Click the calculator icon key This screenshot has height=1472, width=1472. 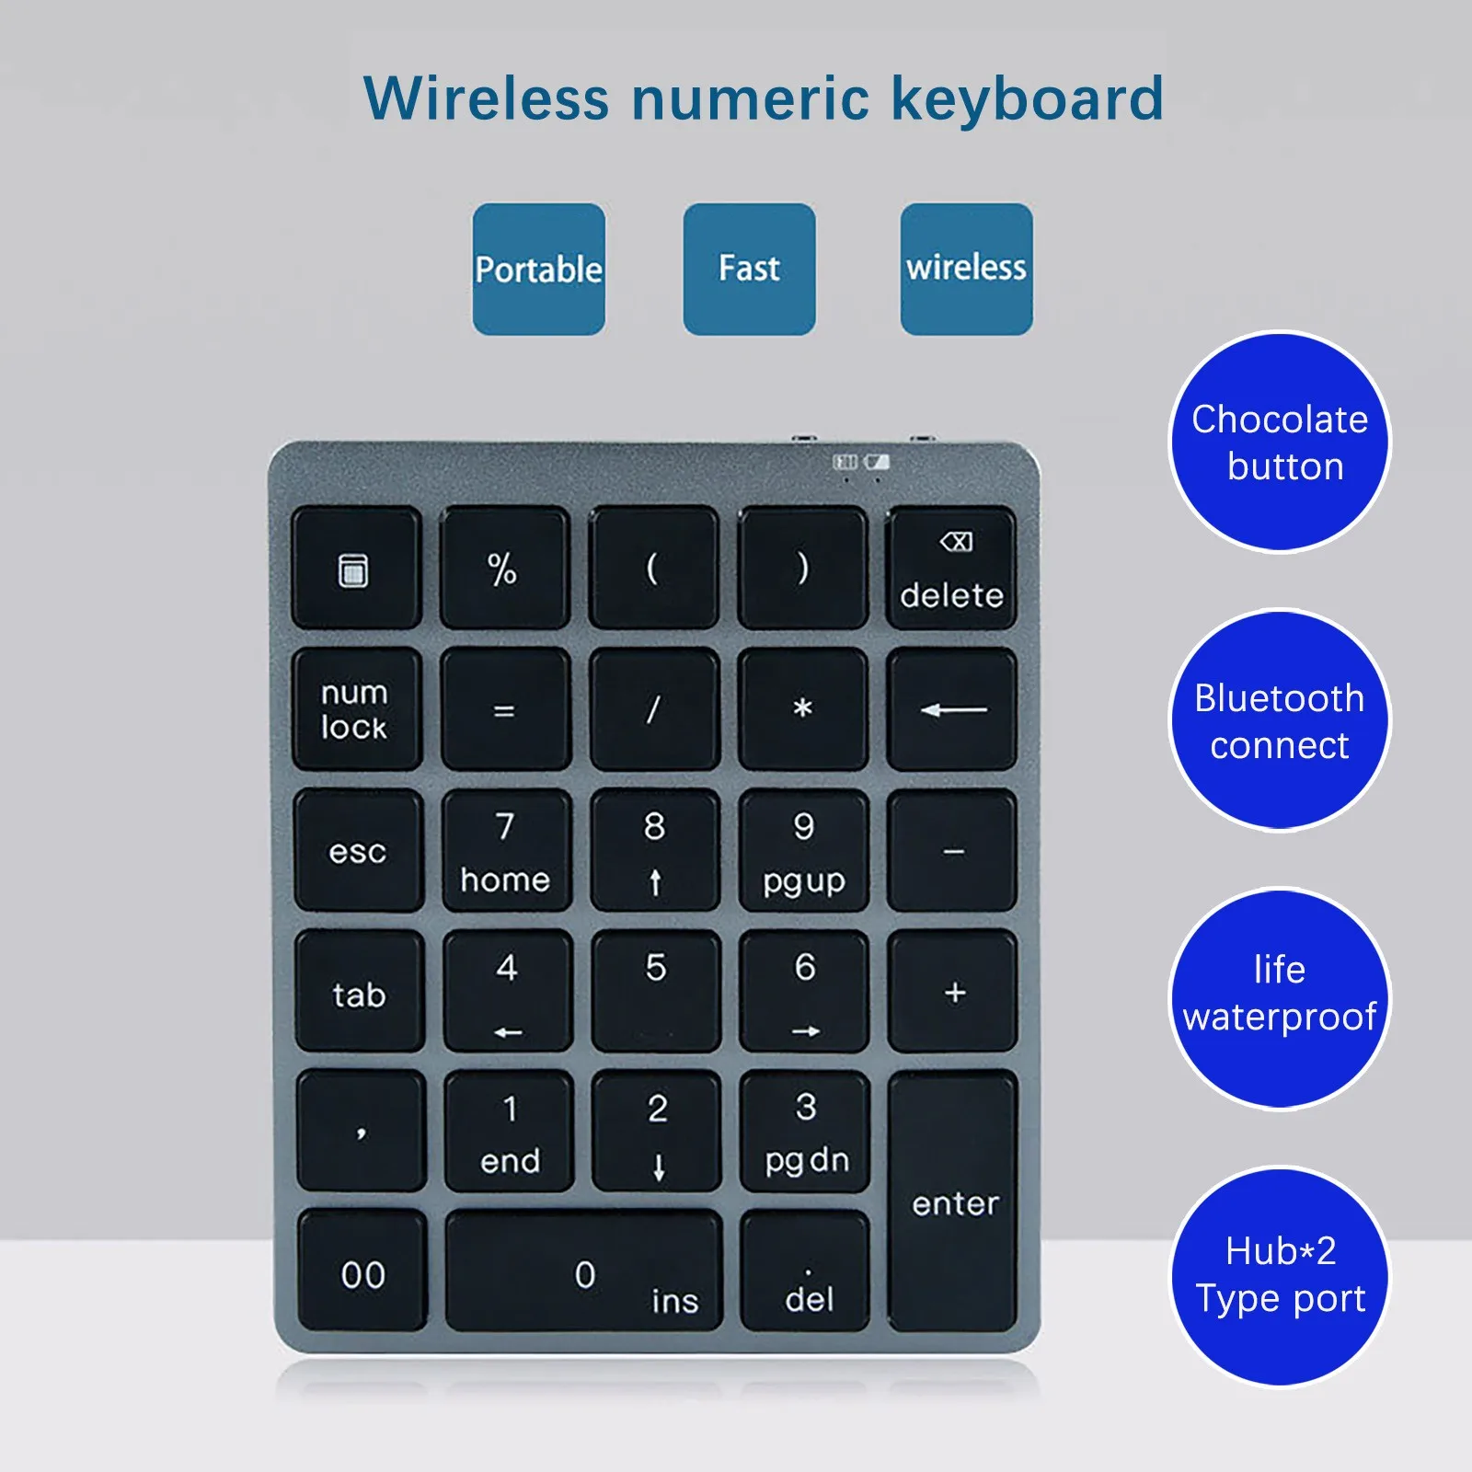pos(356,568)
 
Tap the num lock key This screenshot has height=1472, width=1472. pos(357,708)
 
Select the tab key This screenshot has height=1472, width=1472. pos(360,991)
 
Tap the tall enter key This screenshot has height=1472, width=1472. pos(953,1201)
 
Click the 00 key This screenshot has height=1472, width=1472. pos(362,1271)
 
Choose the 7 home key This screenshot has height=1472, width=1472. pos(506,850)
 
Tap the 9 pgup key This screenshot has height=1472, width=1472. pos(804,850)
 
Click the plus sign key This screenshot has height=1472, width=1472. pos(953,991)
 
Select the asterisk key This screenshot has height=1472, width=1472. pos(803,708)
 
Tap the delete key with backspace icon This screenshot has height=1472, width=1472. pos(951,568)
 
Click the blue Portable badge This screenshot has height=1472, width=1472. pos(539,270)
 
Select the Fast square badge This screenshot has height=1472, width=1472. pos(749,270)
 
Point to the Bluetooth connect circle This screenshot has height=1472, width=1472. pos(1280,721)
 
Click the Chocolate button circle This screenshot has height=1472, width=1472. pos(1280,443)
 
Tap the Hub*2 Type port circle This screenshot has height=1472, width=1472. pos(1280,1276)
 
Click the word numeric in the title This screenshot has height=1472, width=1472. pos(750,98)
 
